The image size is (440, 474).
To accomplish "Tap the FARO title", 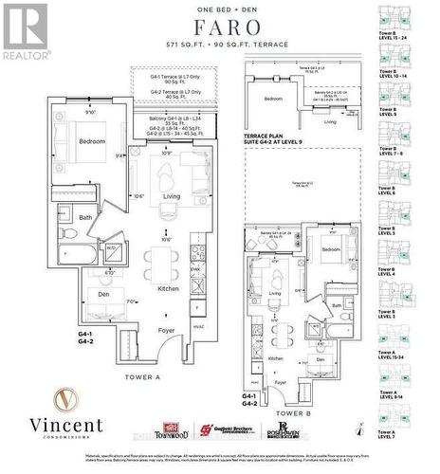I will pyautogui.click(x=219, y=26).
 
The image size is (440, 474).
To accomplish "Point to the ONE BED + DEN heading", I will pyautogui.click(x=219, y=9).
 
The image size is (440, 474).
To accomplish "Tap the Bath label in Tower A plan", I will pyautogui.click(x=85, y=217).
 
